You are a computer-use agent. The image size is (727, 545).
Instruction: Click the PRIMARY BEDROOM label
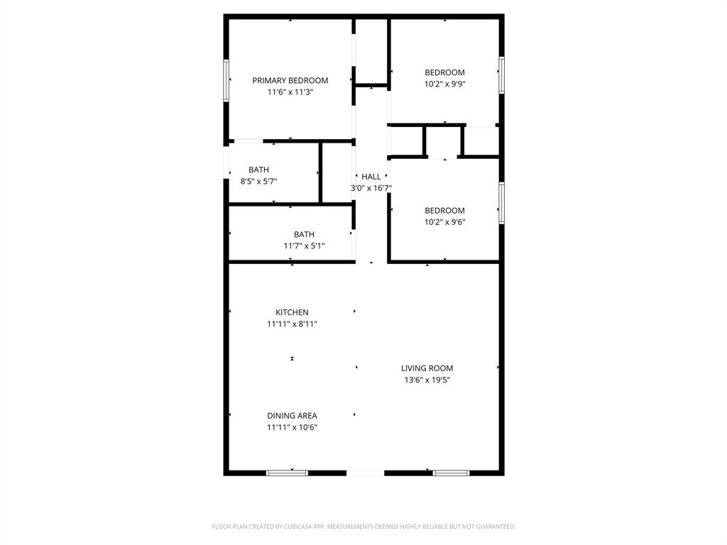290,80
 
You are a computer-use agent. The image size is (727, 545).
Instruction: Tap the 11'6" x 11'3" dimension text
290,92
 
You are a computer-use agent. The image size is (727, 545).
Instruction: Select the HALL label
371,177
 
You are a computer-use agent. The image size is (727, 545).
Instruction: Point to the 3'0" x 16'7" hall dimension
371,188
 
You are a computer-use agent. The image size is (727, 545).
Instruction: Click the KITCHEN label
292,312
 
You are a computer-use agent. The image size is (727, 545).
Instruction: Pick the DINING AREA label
292,416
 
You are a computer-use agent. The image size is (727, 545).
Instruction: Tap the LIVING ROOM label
427,368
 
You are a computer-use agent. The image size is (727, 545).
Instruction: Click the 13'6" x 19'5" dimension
427,380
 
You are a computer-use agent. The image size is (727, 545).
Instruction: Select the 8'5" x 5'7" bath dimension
258,182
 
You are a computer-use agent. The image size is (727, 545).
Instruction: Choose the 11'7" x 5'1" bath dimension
304,246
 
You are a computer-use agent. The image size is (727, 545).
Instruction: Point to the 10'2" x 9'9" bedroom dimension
444,84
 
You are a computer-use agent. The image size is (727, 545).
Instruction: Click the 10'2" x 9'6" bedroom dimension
444,222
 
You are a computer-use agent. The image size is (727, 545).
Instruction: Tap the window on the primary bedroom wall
226,80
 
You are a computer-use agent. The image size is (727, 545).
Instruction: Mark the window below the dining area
287,472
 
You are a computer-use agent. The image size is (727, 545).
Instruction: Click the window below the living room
451,472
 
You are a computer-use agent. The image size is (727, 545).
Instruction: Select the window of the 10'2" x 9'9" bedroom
501,75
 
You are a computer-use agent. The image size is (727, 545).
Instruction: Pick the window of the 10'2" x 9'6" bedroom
501,204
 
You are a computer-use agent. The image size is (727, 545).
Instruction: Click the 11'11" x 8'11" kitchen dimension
292,324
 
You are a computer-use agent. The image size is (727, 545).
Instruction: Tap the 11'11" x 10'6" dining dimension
292,428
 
